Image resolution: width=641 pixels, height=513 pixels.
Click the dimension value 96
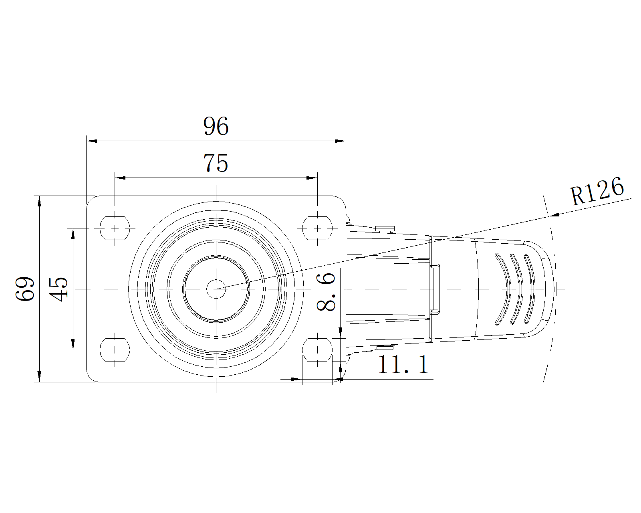[216, 126]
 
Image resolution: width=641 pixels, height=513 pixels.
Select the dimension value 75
[216, 163]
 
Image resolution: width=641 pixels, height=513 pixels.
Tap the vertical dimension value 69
[25, 289]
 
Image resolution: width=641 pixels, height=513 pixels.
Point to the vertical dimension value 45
[58, 289]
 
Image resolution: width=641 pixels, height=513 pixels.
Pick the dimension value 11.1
[403, 364]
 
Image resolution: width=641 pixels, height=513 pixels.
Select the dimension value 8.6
[326, 292]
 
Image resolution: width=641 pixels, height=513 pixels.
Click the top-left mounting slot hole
[115, 228]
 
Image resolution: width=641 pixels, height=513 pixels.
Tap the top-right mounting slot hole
[317, 228]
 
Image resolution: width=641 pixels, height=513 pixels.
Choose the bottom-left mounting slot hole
[115, 349]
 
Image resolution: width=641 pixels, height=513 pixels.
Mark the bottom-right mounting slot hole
[317, 349]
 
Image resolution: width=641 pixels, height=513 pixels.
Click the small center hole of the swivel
[216, 289]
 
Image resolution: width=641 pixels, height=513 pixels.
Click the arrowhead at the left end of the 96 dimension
[92, 141]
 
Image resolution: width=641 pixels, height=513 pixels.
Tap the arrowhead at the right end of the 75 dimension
[312, 178]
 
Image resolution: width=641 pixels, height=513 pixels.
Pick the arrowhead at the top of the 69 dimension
[39, 201]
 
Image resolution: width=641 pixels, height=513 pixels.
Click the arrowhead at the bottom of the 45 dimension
[73, 344]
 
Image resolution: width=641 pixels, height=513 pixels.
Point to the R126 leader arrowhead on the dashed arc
[555, 214]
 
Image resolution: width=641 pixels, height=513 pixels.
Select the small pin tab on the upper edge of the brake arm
[385, 229]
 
